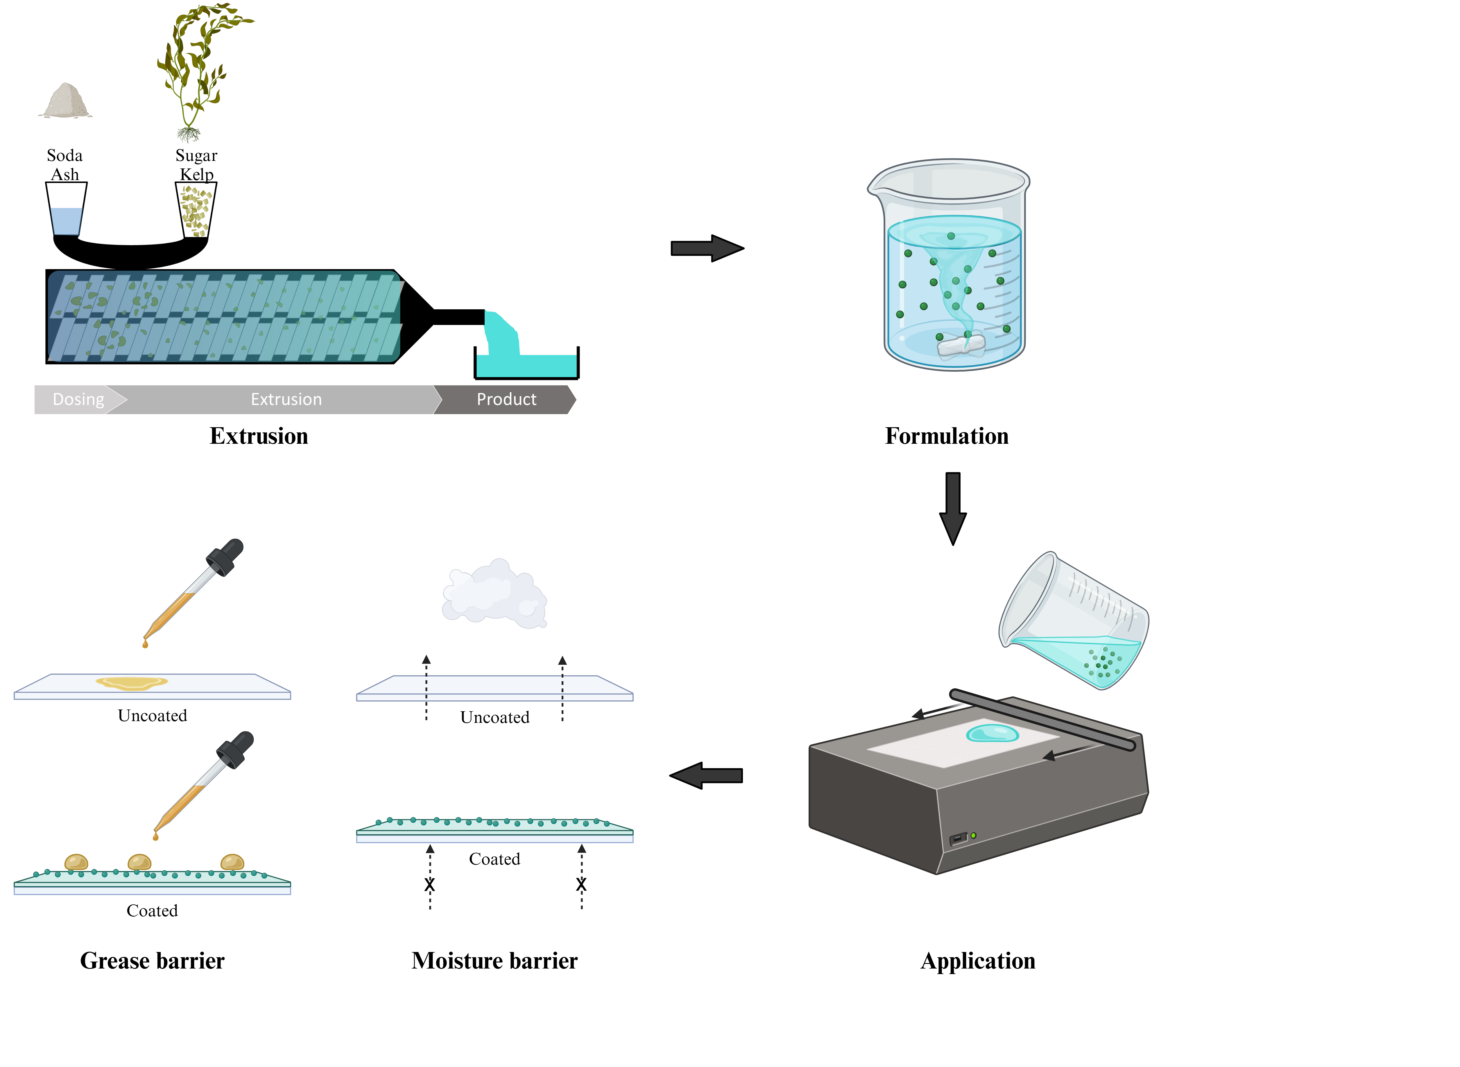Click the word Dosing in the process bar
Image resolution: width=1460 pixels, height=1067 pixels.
[78, 399]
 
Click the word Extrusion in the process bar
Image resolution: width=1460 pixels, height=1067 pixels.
[286, 399]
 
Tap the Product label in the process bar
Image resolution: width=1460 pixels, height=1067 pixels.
[506, 399]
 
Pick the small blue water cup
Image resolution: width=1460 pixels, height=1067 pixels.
[67, 221]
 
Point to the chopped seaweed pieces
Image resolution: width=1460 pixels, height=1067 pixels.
[196, 211]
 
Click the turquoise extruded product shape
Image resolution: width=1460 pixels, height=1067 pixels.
[517, 355]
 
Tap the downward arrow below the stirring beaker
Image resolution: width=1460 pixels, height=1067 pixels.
[953, 507]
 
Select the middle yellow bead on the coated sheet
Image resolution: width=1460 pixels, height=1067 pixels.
[139, 862]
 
